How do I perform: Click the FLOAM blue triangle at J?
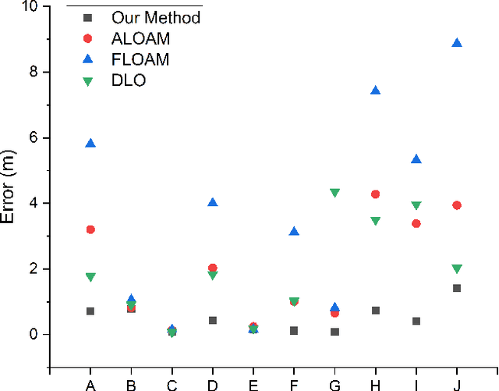457,43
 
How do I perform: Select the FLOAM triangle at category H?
375,91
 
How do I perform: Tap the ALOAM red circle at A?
90,229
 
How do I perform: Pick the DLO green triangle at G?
334,193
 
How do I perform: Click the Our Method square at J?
457,288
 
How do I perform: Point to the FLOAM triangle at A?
90,143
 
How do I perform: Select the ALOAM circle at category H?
375,194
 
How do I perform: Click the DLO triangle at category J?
457,269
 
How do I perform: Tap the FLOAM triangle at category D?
212,202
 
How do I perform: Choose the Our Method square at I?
416,321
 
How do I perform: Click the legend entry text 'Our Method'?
156,17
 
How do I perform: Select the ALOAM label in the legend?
141,38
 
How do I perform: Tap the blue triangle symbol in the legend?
87,59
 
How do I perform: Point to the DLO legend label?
129,80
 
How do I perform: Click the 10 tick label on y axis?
30,6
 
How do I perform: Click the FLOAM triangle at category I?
416,159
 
